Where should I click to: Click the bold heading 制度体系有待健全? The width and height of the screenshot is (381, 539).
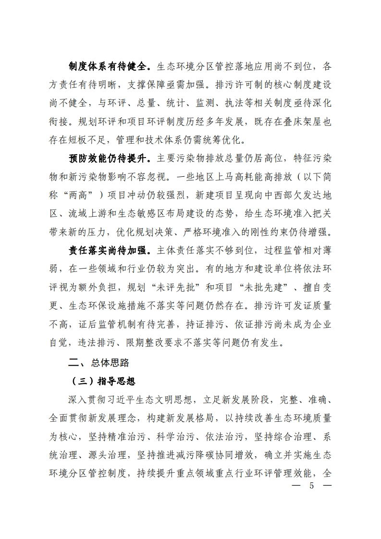(110, 65)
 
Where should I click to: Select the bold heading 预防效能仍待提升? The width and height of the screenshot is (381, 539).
(110, 158)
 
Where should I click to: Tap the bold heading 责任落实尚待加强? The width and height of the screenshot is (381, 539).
(110, 251)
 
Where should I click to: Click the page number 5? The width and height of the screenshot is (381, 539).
(311, 485)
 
